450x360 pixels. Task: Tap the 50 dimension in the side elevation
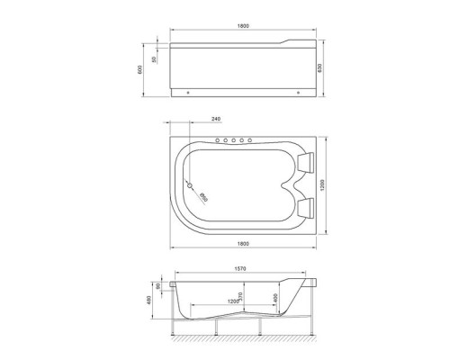155,59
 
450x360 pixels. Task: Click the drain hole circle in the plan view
189,186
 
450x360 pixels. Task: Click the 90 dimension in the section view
158,286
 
